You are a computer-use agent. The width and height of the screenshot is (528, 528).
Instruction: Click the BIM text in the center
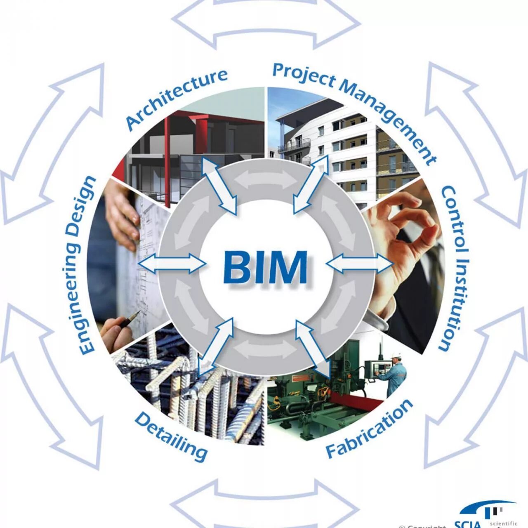coord(265,267)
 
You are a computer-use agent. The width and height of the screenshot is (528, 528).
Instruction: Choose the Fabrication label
coord(369,429)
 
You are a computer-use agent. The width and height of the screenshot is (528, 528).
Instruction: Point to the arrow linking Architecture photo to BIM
coord(219,186)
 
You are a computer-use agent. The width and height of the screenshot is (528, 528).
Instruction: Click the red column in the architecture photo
coord(167,161)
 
